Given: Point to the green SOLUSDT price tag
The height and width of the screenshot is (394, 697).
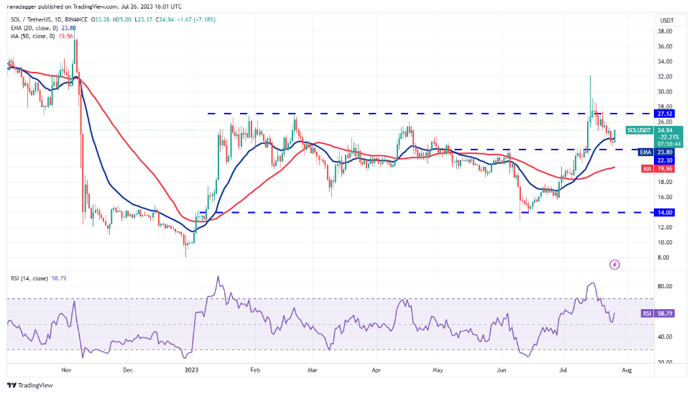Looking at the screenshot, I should pos(639,130).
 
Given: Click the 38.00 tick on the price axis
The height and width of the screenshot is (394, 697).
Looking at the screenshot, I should pos(664,31).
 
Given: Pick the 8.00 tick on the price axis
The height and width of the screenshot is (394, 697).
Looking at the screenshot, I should pos(664,257).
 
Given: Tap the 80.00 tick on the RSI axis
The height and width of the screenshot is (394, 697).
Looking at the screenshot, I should pos(664,286).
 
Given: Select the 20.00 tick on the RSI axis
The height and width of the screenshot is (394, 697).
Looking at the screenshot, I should pos(664,362).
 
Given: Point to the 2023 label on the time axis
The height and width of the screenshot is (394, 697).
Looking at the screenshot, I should pos(191,371).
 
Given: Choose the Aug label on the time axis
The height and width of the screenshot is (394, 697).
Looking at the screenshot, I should pos(627,371).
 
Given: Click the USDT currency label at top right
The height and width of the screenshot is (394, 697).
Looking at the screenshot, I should pos(666,21).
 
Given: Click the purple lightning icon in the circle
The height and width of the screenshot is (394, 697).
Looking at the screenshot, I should pos(614,265).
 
